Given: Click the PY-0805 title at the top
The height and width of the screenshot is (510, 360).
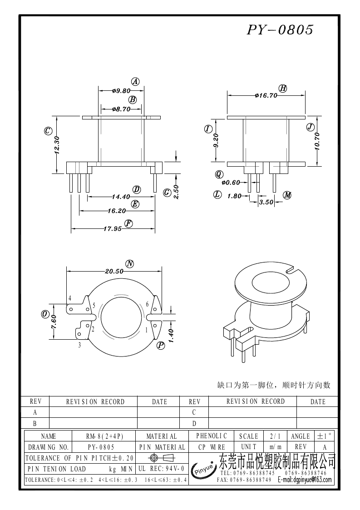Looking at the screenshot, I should point(280,30).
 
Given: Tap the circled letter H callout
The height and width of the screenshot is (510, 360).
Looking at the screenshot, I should point(283,88).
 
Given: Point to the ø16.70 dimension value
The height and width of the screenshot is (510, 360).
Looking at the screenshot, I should point(266,95).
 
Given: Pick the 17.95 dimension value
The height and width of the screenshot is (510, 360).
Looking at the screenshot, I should point(112,228).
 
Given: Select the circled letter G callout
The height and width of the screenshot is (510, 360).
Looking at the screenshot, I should point(167,193).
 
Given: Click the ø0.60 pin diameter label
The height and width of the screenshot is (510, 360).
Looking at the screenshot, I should point(231,183).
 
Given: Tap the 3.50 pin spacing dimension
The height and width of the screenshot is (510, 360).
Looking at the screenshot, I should point(266,203).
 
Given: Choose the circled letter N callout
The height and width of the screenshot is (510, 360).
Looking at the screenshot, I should point(130,264).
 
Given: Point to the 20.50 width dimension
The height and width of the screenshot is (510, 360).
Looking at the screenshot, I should point(114,271).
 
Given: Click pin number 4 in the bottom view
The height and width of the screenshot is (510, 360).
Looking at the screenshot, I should point(70,298).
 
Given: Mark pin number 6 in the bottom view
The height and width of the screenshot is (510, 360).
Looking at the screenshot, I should point(147,304).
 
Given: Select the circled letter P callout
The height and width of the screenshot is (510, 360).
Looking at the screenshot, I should point(161,346).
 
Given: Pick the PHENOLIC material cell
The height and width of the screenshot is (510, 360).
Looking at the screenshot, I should point(212,436).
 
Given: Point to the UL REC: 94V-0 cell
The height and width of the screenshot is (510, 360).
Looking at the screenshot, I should point(162,468).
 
